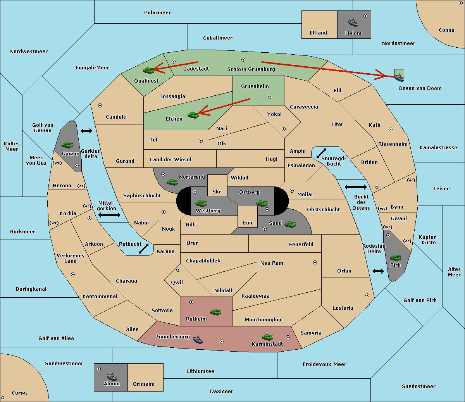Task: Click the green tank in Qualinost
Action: coord(148,70)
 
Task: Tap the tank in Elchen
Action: coord(193,115)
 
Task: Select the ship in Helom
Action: coord(353,22)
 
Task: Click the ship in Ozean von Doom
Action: coord(399,77)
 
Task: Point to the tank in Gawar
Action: coord(67,145)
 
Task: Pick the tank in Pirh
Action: coord(396,258)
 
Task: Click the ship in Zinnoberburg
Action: coord(198,340)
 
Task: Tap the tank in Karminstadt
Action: coord(267,337)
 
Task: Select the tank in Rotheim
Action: coord(215,311)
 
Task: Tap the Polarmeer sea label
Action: coord(157,13)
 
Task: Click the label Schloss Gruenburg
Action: coord(251,69)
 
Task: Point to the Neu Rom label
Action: coord(272,263)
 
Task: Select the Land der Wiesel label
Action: coord(170,159)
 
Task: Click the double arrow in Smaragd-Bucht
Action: coord(322,153)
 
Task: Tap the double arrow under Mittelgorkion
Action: coord(109,215)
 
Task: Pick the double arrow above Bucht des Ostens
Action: coord(355,187)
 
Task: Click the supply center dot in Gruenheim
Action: coord(270,97)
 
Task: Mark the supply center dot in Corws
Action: coord(3,398)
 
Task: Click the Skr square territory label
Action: coord(217,192)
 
